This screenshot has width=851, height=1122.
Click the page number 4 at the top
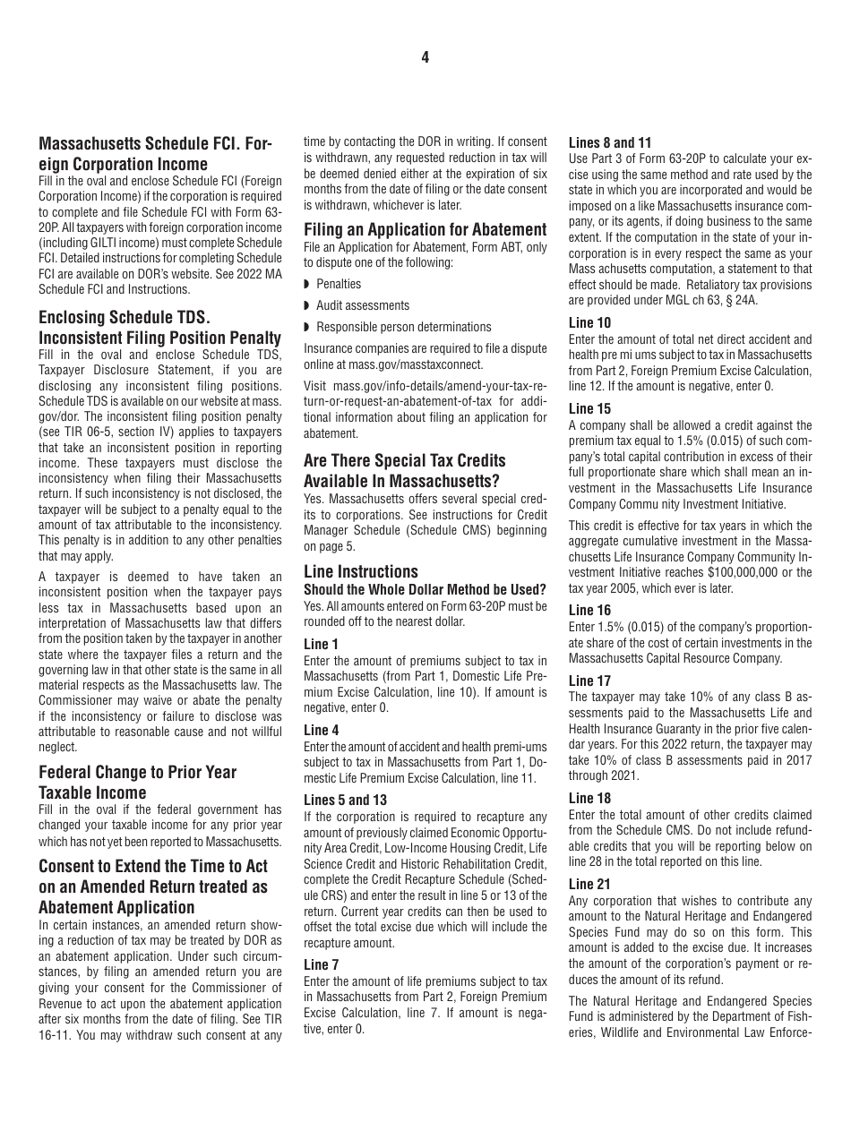coord(425,57)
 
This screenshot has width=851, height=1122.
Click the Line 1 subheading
coord(322,644)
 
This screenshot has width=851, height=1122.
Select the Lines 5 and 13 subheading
coord(345,800)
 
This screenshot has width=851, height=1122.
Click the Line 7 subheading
coord(322,964)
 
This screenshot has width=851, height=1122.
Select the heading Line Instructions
coord(361,571)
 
